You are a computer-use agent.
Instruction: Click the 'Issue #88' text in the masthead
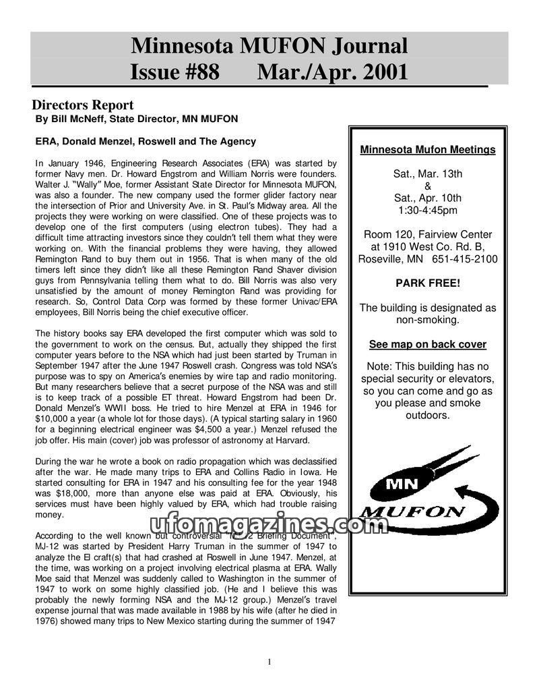pos(175,71)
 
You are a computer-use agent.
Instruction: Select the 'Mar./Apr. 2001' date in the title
pos(333,71)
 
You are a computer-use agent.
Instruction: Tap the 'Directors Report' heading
pos(83,105)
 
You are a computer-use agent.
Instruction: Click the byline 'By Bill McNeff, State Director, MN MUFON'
pos(137,119)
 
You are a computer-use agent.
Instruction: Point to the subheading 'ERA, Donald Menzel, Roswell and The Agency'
pos(146,142)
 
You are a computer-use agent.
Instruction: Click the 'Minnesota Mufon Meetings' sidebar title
pos(428,150)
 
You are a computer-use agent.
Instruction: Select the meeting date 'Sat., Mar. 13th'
pos(428,174)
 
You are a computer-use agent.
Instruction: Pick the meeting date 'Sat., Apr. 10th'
pos(428,198)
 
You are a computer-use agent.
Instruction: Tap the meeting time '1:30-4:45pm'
pos(428,211)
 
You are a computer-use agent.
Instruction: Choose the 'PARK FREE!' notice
pos(428,283)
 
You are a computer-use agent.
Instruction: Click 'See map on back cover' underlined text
pos(428,344)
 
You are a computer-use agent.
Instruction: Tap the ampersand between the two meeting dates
pos(428,186)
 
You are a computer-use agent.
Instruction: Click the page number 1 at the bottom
pos(269,662)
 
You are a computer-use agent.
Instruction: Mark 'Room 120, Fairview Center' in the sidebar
pos(428,235)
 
